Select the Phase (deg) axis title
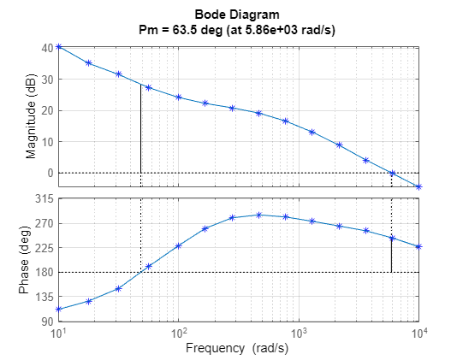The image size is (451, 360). (24, 260)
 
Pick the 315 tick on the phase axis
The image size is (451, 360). (43, 198)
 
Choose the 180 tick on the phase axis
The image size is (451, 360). (43, 272)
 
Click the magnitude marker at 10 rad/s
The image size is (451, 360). (58, 46)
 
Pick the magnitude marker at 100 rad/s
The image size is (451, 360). (179, 97)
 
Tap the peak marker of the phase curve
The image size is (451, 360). (258, 215)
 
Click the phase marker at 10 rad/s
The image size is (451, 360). (58, 309)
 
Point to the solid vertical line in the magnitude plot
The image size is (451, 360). (140, 128)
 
